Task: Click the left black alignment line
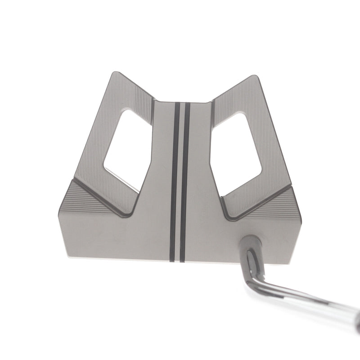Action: (x=175, y=180)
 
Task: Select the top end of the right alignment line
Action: (x=188, y=105)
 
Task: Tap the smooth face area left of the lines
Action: (x=126, y=234)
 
